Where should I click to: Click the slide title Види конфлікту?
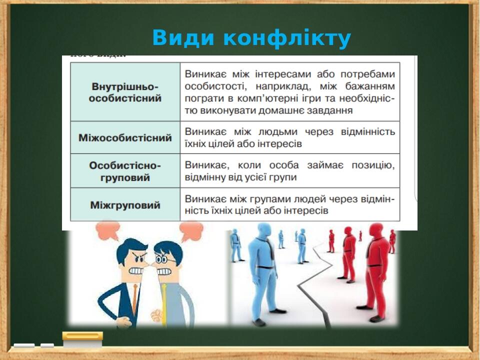pos(251,38)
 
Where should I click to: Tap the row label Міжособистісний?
pos(125,137)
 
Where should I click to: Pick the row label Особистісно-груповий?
pos(125,171)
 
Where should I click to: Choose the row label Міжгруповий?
pos(125,205)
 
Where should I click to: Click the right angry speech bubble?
pos(191,230)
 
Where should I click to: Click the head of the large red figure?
pos(375,234)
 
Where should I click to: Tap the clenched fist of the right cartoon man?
pos(157,315)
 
